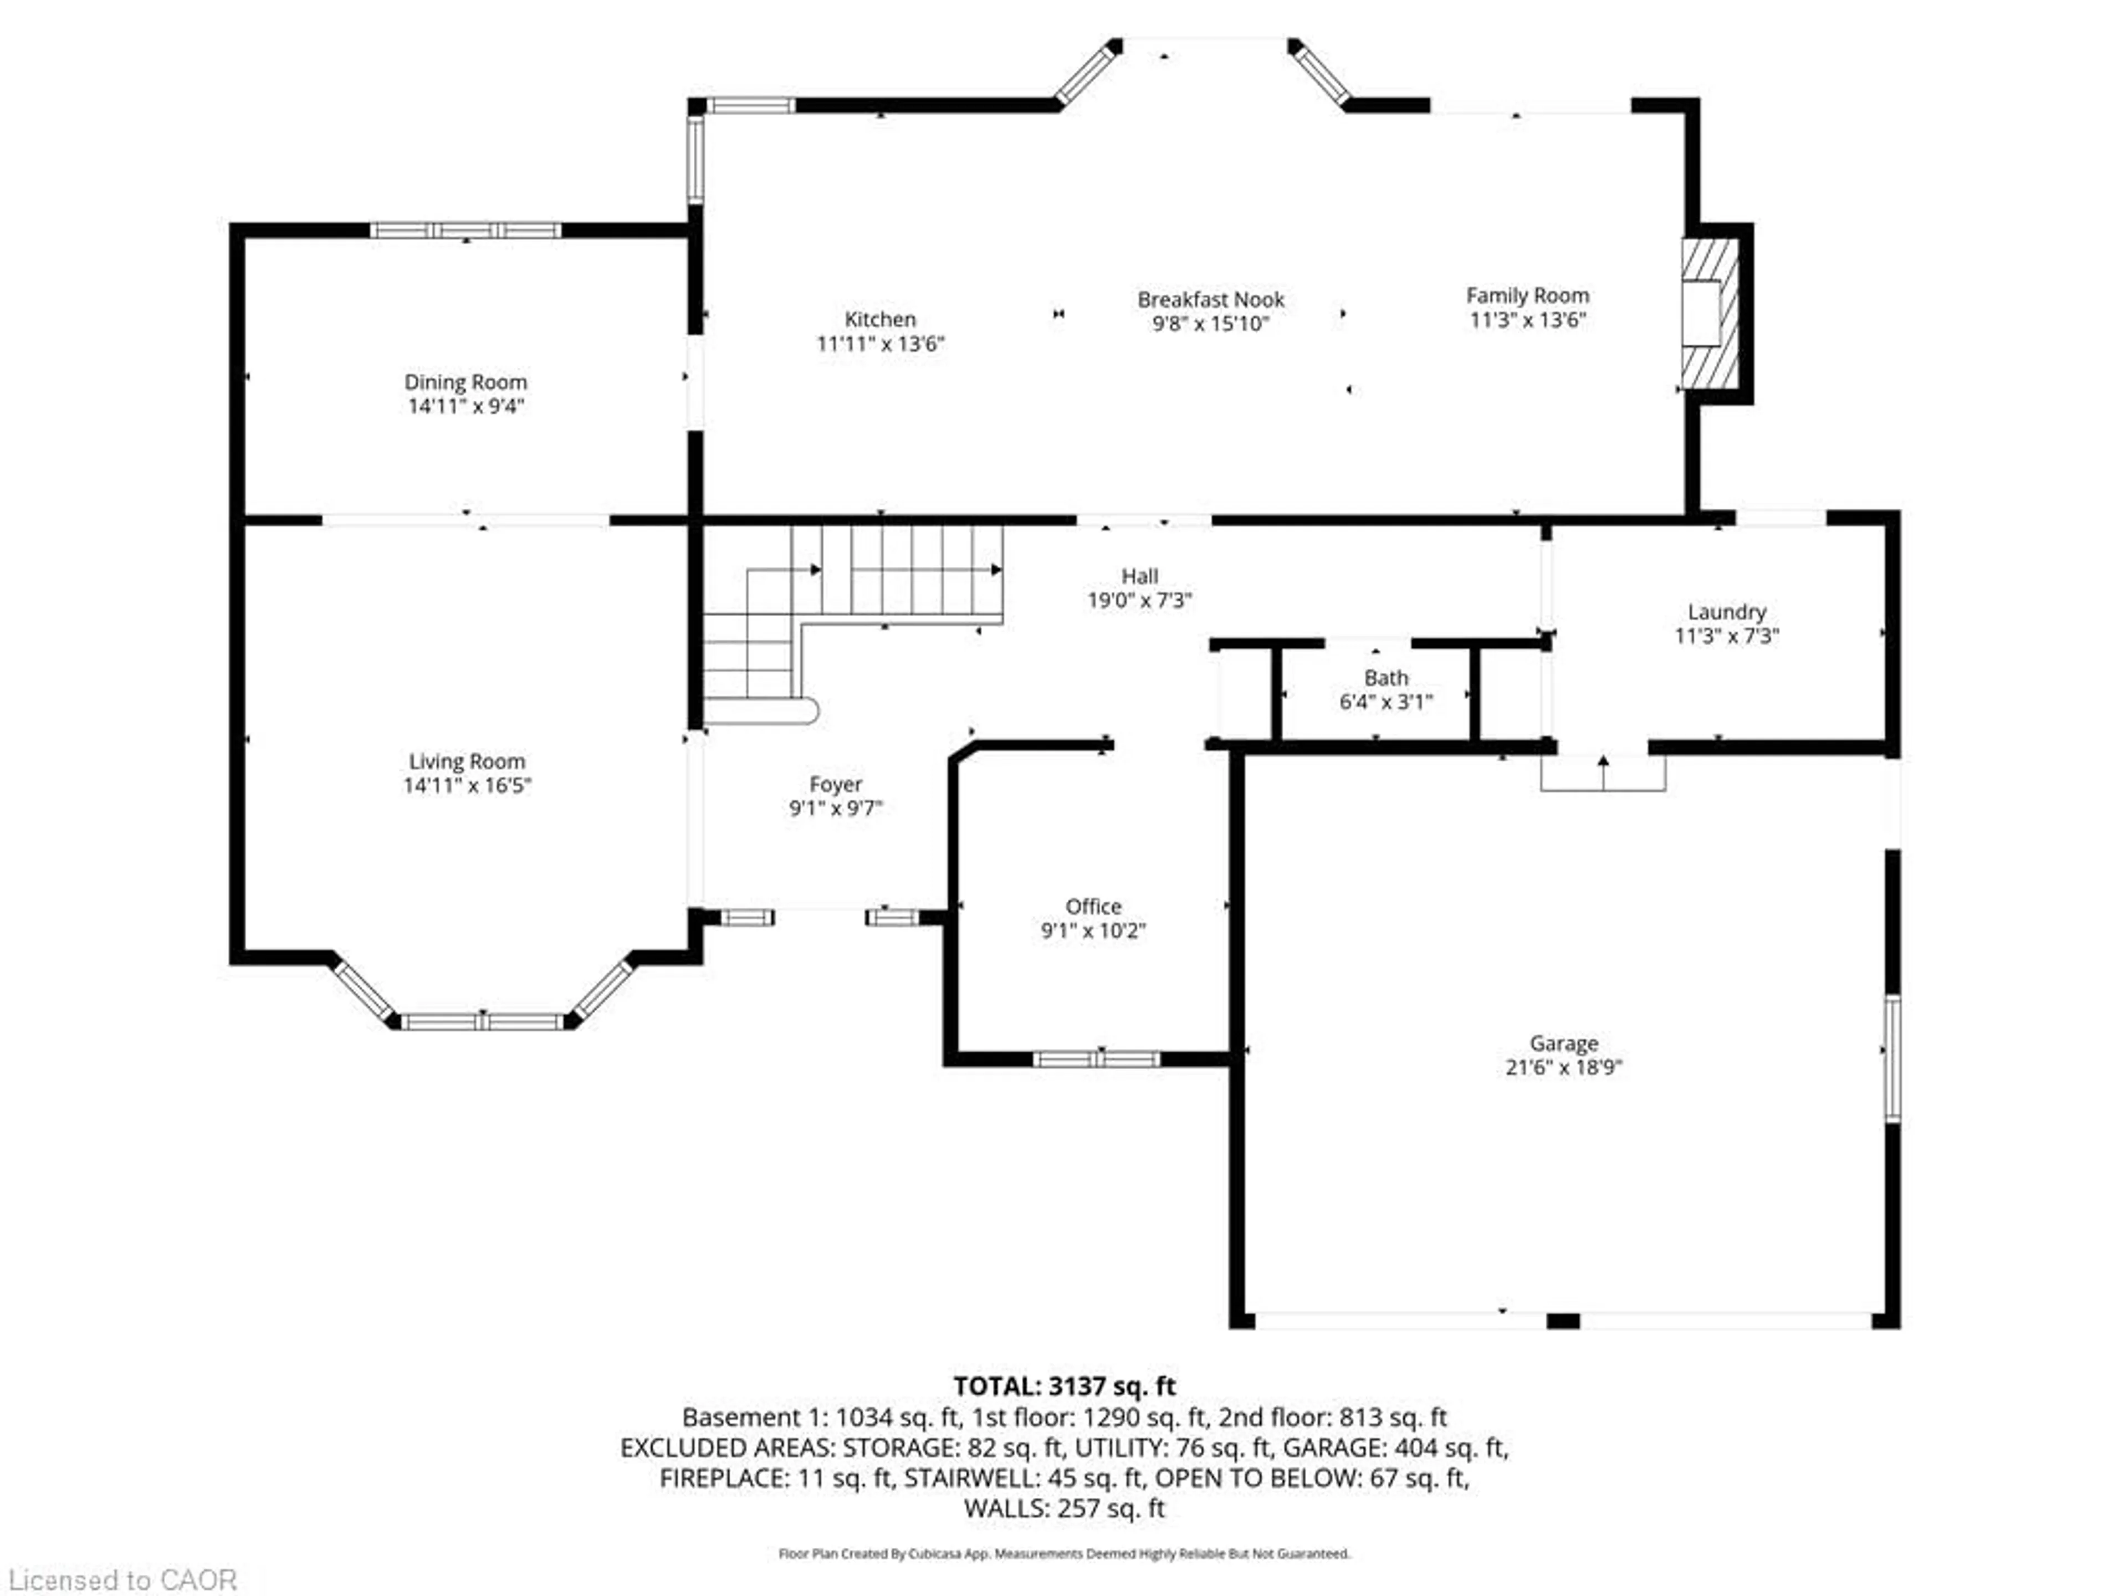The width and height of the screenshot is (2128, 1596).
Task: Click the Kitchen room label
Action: click(879, 319)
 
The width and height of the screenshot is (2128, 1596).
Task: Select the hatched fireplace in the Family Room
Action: click(1710, 313)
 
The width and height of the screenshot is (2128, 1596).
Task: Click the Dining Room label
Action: click(465, 382)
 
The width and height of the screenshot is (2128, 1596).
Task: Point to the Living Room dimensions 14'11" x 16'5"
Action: click(467, 786)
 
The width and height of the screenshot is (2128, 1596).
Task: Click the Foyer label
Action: click(835, 784)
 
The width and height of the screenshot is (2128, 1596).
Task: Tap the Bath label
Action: click(1385, 677)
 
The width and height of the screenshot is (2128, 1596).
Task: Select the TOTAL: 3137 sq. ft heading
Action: click(1064, 1387)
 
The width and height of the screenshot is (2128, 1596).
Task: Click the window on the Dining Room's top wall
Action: click(465, 230)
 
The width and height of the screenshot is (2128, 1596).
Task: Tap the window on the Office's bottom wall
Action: click(1097, 1059)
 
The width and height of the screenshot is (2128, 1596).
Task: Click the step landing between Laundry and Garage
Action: click(1603, 774)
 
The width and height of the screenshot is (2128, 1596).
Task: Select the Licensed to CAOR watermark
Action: click(121, 1579)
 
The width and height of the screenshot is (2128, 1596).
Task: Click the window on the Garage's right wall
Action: click(1892, 1058)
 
